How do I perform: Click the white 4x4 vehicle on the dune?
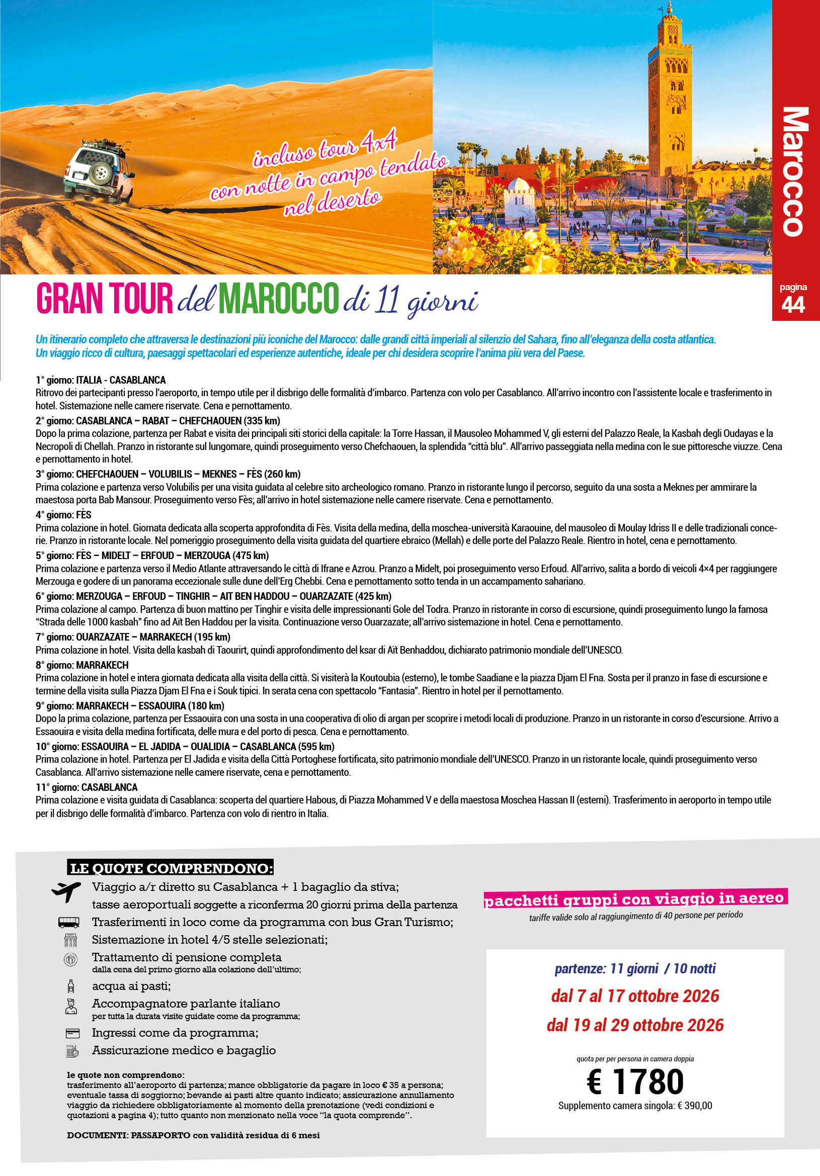(101, 171)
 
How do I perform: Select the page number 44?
(793, 305)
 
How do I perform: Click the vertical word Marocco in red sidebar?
(795, 171)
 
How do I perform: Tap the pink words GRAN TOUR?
(105, 299)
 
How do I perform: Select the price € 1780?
(635, 1081)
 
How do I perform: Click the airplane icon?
(66, 892)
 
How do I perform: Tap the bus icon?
(69, 923)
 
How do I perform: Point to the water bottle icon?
(71, 986)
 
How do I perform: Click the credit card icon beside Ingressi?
(72, 1033)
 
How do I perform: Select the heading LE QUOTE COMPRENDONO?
(171, 868)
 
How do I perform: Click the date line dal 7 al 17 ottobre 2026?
(635, 996)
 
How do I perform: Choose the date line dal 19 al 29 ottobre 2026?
(635, 1025)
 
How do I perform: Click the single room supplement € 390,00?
(694, 1106)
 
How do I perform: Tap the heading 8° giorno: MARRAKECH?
(82, 665)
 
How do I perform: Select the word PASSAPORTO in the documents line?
(160, 1135)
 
